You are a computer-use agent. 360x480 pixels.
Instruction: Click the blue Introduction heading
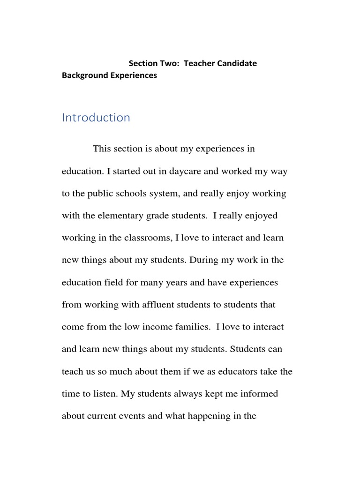click(96, 118)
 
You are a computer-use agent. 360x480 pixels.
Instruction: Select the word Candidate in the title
click(233, 63)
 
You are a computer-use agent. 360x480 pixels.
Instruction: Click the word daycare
click(184, 172)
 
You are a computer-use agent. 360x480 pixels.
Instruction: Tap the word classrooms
click(148, 238)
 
